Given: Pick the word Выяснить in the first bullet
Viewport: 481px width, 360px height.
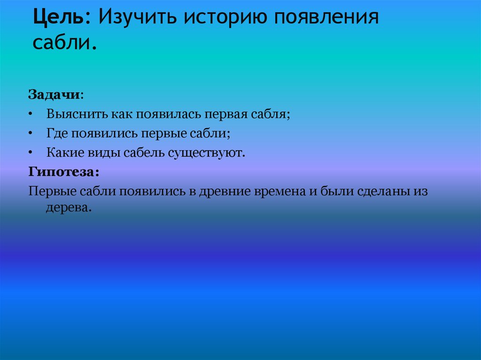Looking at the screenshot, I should (77, 115).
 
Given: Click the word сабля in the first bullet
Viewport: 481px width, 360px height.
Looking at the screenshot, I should (271, 115).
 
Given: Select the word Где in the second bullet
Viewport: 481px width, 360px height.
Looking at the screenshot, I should (57, 134).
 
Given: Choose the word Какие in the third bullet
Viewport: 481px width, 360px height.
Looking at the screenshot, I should (64, 153).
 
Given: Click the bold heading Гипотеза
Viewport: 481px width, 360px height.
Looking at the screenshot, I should (63, 172).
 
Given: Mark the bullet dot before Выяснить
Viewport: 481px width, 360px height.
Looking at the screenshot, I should (31, 115).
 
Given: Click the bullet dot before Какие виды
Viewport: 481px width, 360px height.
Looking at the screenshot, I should (31, 153).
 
